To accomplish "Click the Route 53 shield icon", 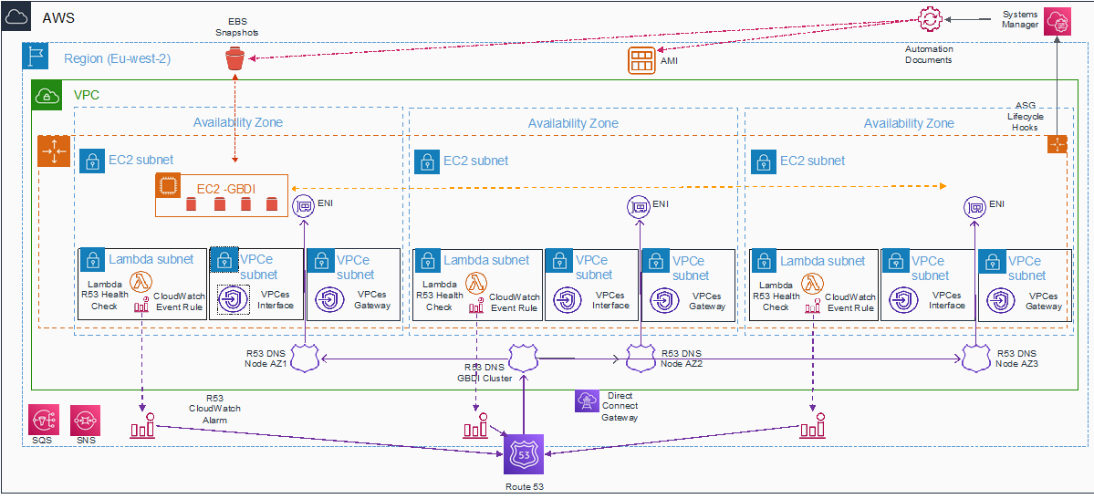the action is pyautogui.click(x=523, y=454).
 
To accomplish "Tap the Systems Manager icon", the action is pyautogui.click(x=1057, y=22).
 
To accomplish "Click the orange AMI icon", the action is pyautogui.click(x=640, y=61).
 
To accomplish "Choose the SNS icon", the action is pyautogui.click(x=85, y=421).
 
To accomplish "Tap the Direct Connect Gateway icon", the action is pyautogui.click(x=585, y=400).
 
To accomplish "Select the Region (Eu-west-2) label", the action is pyautogui.click(x=117, y=58).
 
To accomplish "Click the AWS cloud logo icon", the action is pyautogui.click(x=16, y=16).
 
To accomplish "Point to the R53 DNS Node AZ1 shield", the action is pyautogui.click(x=304, y=358).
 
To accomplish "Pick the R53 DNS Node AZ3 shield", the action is pyautogui.click(x=974, y=358).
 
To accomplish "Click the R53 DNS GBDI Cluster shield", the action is pyautogui.click(x=523, y=358).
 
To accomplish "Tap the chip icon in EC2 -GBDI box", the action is pyautogui.click(x=167, y=185).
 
